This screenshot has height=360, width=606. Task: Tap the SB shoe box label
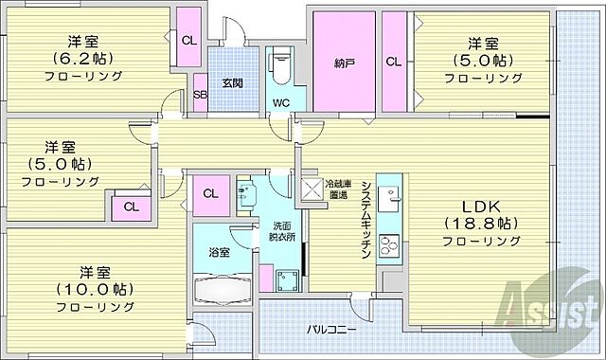pos(200,95)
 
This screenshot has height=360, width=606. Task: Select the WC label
pos(281,101)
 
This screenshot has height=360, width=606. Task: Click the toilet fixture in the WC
pos(280,67)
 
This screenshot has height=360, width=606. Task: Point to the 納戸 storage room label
pos(345,65)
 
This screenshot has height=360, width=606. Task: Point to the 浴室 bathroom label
pos(219,252)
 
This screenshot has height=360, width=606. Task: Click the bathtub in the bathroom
pos(222,288)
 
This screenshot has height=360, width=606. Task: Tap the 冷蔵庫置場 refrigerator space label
pos(338,189)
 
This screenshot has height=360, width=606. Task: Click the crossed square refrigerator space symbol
pos(310,187)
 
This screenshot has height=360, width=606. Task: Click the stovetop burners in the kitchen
pos(389,245)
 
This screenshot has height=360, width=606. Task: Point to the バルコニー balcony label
pos(331,330)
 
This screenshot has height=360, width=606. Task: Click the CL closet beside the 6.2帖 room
pos(188,39)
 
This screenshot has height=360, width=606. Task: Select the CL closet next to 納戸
pos(391,63)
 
